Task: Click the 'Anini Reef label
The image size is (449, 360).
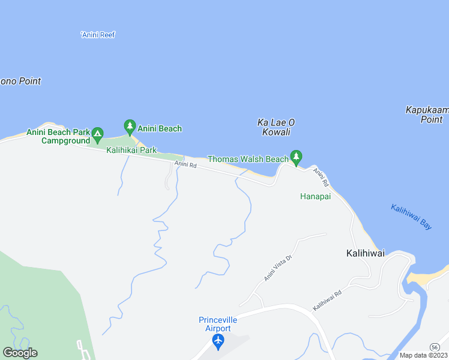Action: pyautogui.click(x=97, y=35)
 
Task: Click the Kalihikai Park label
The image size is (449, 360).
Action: pyautogui.click(x=131, y=150)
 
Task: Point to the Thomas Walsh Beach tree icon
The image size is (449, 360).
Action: pyautogui.click(x=295, y=157)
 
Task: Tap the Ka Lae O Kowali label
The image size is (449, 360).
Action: pyautogui.click(x=276, y=127)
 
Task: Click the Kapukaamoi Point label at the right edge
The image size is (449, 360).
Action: pyautogui.click(x=427, y=115)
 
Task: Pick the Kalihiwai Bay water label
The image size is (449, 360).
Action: pyautogui.click(x=411, y=217)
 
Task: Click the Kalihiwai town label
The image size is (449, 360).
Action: pyautogui.click(x=366, y=253)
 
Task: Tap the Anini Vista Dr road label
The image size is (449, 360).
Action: pyautogui.click(x=277, y=268)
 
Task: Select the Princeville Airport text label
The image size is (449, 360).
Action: pyautogui.click(x=215, y=324)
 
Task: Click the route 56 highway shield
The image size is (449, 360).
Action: pyautogui.click(x=434, y=347)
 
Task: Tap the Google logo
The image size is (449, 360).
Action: pyautogui.click(x=19, y=353)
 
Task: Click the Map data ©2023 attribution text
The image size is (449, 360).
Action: pyautogui.click(x=423, y=355)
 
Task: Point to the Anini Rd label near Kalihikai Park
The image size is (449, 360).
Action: pyautogui.click(x=185, y=164)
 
